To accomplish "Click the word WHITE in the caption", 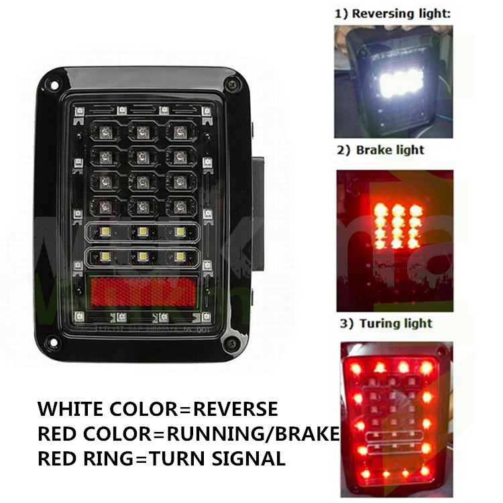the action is [x=70, y=408].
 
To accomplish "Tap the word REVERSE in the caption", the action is [x=235, y=408].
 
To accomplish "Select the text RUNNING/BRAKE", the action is [x=253, y=434].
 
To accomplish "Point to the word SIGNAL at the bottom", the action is [x=248, y=459].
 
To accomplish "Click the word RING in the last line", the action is [x=108, y=459].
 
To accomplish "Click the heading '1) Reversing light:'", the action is [x=393, y=14].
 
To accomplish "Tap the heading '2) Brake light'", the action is [x=380, y=150].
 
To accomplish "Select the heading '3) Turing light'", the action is [x=386, y=323].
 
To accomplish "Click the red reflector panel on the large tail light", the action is [x=144, y=292].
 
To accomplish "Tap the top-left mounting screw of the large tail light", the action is [x=54, y=85].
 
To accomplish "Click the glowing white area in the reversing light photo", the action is [x=402, y=82].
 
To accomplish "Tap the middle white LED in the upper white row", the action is [x=143, y=231].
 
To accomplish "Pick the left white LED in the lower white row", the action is [x=105, y=256].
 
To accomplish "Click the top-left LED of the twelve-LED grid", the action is [x=105, y=131].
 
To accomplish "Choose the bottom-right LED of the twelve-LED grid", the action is [x=180, y=207].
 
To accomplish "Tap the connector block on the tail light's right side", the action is [x=258, y=213].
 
